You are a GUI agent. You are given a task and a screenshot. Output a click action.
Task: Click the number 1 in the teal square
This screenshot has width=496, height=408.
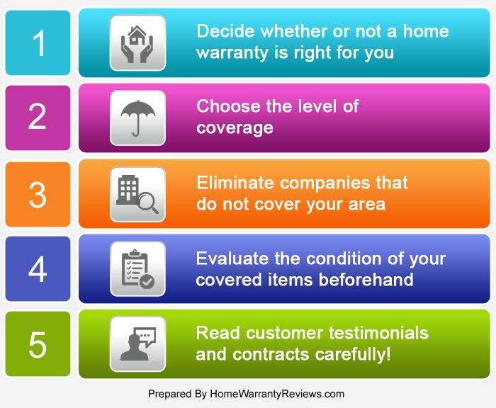(x=39, y=43)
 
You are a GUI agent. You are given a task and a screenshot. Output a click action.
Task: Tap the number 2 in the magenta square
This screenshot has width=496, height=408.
(x=38, y=116)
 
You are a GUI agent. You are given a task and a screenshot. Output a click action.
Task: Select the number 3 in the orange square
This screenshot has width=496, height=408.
(x=38, y=195)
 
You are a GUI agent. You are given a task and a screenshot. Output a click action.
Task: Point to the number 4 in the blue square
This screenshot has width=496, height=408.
(x=38, y=269)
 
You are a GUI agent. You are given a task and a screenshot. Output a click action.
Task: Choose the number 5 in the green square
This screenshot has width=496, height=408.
(x=38, y=345)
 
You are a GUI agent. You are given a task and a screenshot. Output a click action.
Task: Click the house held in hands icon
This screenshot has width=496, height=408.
(x=137, y=44)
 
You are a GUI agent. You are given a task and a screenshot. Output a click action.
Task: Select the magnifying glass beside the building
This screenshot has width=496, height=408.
(x=147, y=203)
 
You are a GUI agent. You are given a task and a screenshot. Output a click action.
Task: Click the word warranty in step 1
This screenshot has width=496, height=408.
(x=232, y=53)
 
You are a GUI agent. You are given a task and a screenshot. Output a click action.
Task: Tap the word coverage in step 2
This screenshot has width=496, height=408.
(x=235, y=128)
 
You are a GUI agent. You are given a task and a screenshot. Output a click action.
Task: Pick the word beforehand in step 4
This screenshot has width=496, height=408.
(x=366, y=280)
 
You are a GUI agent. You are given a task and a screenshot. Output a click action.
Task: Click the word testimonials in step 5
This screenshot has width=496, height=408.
(x=378, y=333)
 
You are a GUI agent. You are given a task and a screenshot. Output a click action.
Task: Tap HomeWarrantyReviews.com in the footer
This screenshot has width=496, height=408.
(x=277, y=394)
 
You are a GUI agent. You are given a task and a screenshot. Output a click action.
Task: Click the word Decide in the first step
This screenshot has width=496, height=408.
(x=225, y=31)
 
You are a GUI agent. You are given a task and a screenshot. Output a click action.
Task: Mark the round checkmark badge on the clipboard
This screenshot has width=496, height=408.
(x=147, y=282)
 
